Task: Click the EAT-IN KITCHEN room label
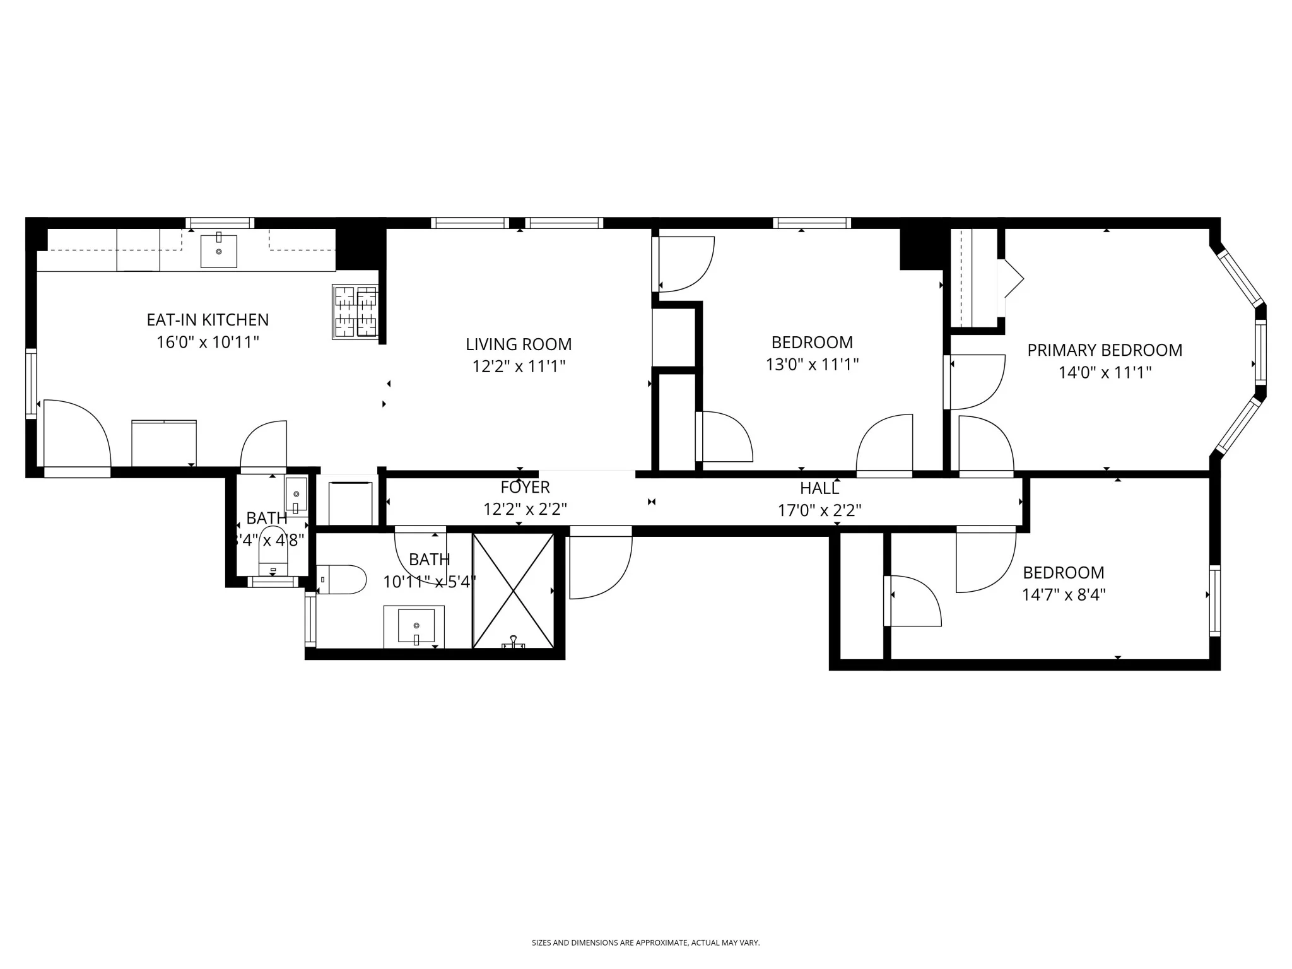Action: [208, 320]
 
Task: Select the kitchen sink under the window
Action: [219, 251]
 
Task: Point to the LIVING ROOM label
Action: [519, 344]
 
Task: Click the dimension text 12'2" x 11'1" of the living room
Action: [519, 367]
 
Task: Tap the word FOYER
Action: [525, 487]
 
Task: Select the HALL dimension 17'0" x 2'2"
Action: [819, 510]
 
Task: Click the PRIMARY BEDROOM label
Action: [1105, 350]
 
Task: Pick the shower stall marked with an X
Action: [513, 590]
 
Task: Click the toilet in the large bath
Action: [341, 579]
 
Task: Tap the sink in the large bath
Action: [414, 626]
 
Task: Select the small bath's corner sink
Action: [296, 494]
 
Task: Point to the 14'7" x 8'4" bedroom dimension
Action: [1064, 595]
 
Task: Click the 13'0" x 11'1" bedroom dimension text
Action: [812, 365]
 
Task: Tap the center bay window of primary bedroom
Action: [1260, 352]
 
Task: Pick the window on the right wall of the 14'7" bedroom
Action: [1214, 601]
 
